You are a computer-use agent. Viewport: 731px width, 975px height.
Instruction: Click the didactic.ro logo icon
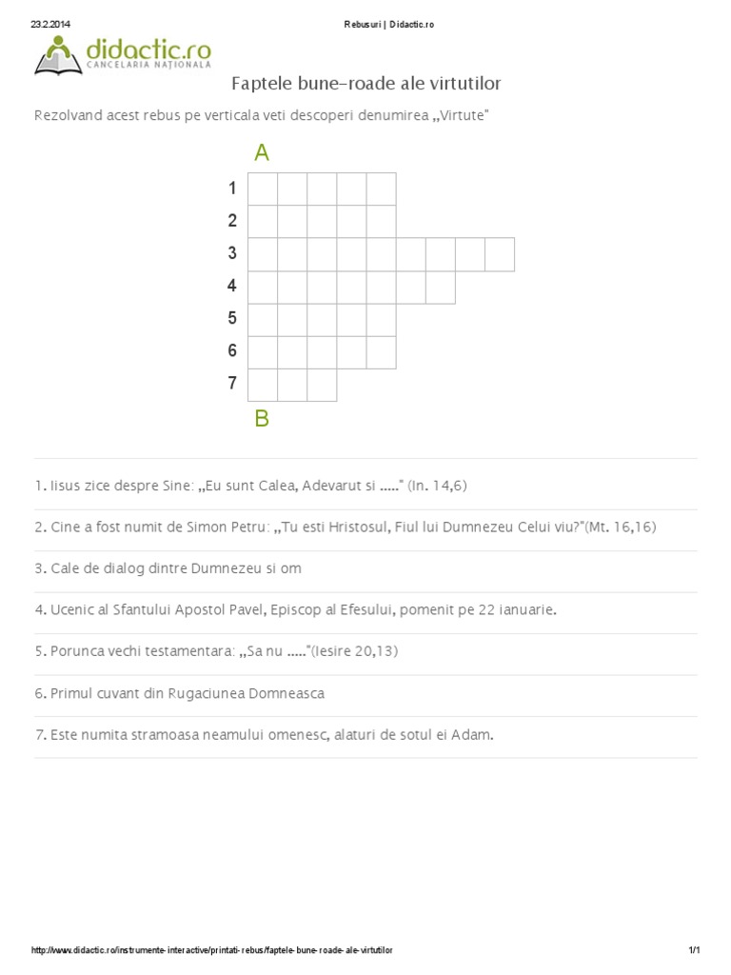(x=58, y=54)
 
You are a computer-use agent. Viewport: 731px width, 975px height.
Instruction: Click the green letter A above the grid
(x=262, y=152)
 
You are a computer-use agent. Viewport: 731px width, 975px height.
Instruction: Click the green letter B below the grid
(x=262, y=418)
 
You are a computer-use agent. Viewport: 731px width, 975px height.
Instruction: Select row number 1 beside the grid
(x=232, y=189)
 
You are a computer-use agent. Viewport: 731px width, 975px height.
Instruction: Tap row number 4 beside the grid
(x=232, y=286)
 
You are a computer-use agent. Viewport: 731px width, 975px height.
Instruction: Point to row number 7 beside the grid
(x=232, y=384)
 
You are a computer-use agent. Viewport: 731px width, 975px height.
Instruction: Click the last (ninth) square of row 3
(x=500, y=254)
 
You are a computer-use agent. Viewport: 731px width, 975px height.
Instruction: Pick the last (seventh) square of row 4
(x=440, y=287)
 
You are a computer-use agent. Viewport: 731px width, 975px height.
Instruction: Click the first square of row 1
(x=263, y=189)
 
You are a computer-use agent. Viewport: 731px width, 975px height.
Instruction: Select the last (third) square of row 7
(x=322, y=385)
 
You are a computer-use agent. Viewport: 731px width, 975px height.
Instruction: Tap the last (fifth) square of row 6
(x=381, y=352)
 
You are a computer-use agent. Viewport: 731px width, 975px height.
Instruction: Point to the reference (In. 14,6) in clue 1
(x=437, y=487)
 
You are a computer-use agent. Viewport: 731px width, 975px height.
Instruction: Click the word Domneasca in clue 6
(x=285, y=693)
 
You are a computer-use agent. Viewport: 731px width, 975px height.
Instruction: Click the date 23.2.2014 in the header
(x=50, y=25)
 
